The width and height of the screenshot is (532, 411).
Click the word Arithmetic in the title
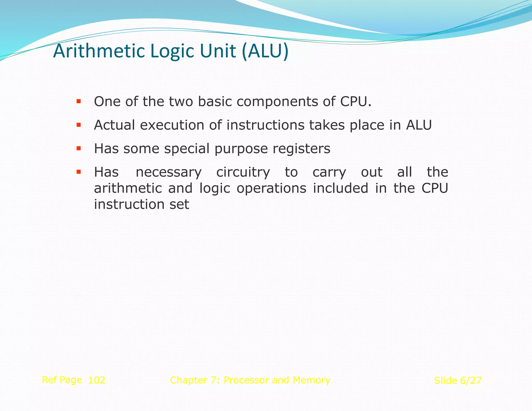tap(99, 51)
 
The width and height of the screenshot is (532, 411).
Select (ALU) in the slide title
tap(265, 51)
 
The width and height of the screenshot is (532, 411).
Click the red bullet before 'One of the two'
tap(79, 101)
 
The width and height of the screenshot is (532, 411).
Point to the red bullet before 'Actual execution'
tap(79, 125)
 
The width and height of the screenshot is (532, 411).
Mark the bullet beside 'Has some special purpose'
tap(79, 149)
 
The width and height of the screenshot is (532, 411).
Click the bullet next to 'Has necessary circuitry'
tap(79, 172)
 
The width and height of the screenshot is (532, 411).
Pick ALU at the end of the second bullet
tap(419, 125)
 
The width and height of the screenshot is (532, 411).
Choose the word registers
tap(301, 149)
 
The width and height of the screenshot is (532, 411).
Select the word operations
tap(271, 188)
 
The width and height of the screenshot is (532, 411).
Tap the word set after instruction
tap(179, 204)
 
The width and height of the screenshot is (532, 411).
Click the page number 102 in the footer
tap(97, 380)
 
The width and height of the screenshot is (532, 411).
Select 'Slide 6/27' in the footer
tap(458, 381)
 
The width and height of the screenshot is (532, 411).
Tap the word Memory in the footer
tap(311, 380)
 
